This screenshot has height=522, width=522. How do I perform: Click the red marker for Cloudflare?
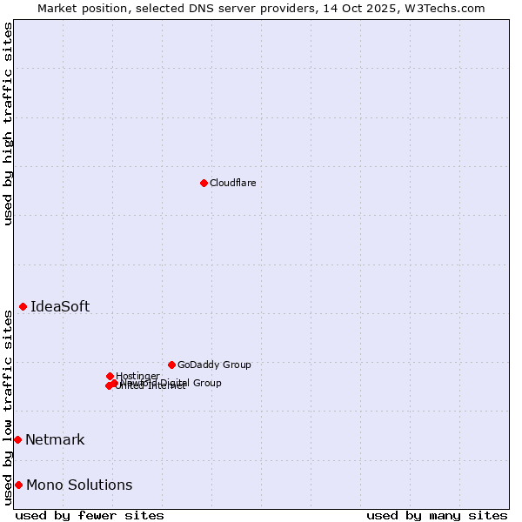point(204,183)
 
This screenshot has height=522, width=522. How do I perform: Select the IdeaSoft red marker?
point(23,306)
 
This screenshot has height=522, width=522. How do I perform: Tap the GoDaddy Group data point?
point(171,365)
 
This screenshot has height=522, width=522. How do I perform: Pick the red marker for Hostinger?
point(110,376)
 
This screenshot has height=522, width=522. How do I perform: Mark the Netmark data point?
point(17,439)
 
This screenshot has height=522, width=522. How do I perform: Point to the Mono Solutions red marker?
point(18,485)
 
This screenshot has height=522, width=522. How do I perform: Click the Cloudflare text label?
point(232,183)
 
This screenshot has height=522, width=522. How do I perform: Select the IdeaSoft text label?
point(60,306)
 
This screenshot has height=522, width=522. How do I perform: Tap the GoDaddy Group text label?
point(214,365)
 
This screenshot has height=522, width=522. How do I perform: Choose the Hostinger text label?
point(137,376)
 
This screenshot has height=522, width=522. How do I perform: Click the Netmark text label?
point(55,439)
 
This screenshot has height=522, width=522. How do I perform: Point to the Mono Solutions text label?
point(79,485)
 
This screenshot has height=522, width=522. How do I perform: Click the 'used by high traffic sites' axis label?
point(8,124)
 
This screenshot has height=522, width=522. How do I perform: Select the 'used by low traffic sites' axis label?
point(8,407)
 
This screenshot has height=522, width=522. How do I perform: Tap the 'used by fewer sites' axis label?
point(90,515)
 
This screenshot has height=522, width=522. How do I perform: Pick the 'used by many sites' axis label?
point(437,515)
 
